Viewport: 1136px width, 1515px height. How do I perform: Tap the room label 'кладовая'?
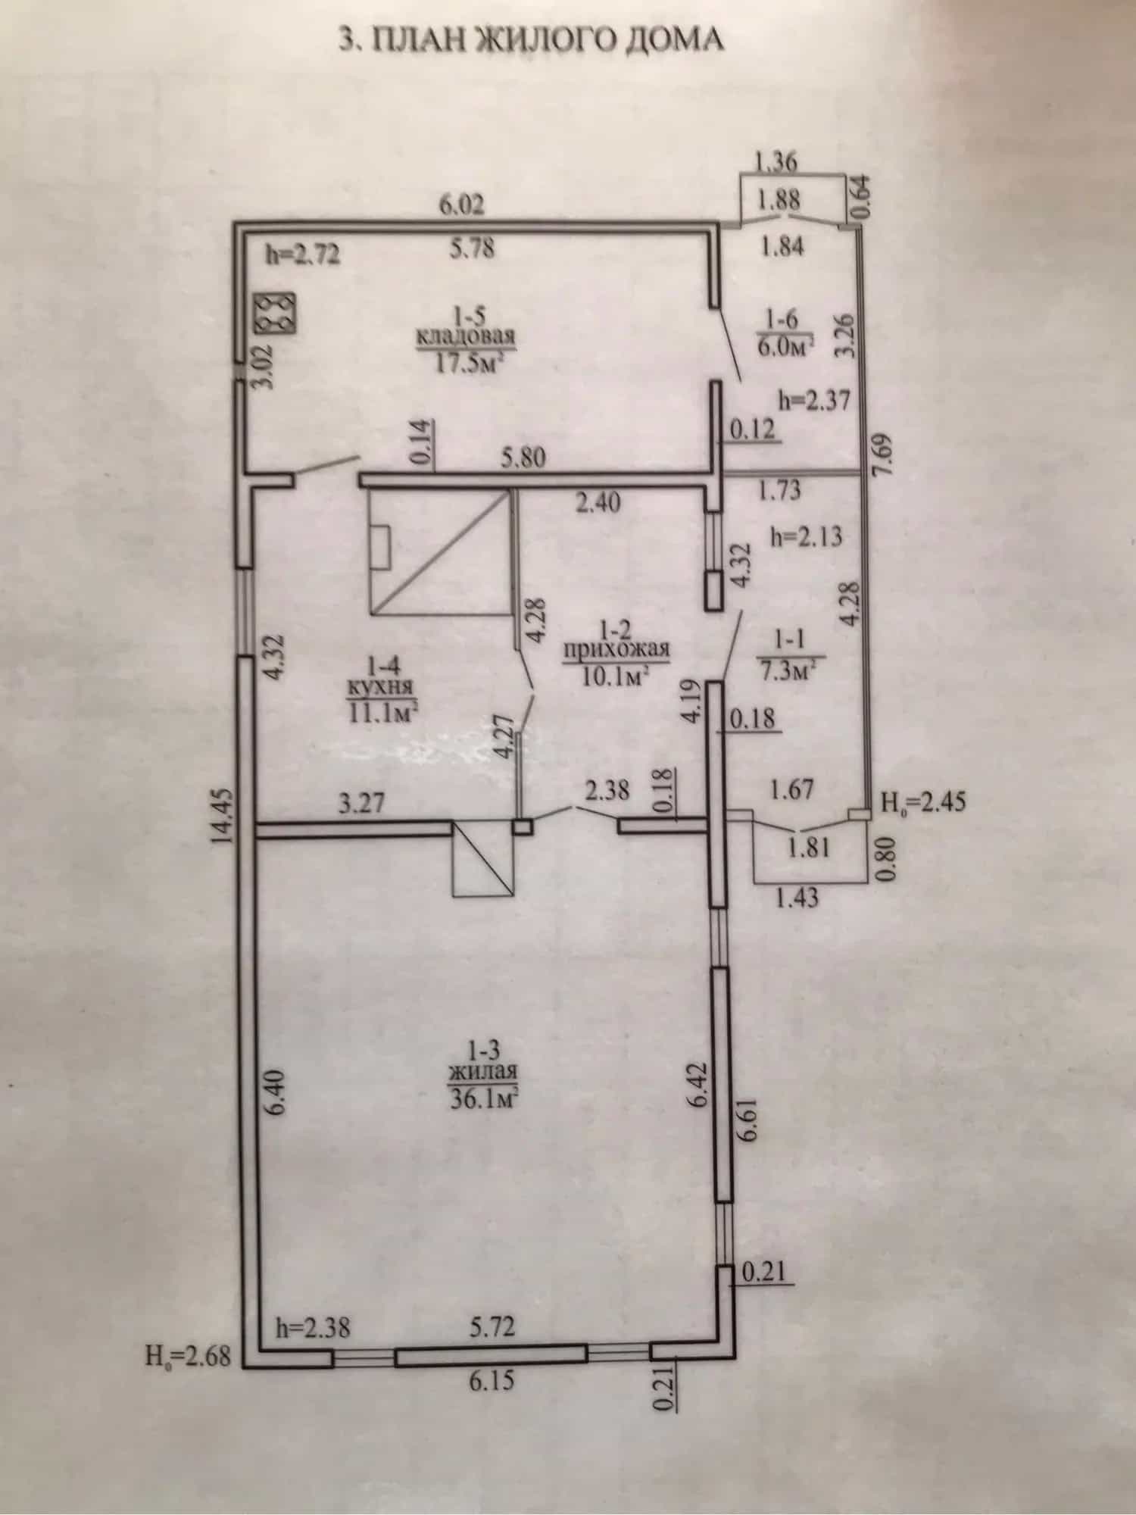click(x=465, y=336)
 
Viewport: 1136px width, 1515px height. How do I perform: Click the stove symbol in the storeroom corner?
click(x=277, y=311)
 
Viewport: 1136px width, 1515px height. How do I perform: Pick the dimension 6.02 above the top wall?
click(x=461, y=205)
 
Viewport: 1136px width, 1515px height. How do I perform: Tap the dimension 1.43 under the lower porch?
click(x=798, y=899)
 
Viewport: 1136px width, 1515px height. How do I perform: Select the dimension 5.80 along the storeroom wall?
click(x=523, y=458)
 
